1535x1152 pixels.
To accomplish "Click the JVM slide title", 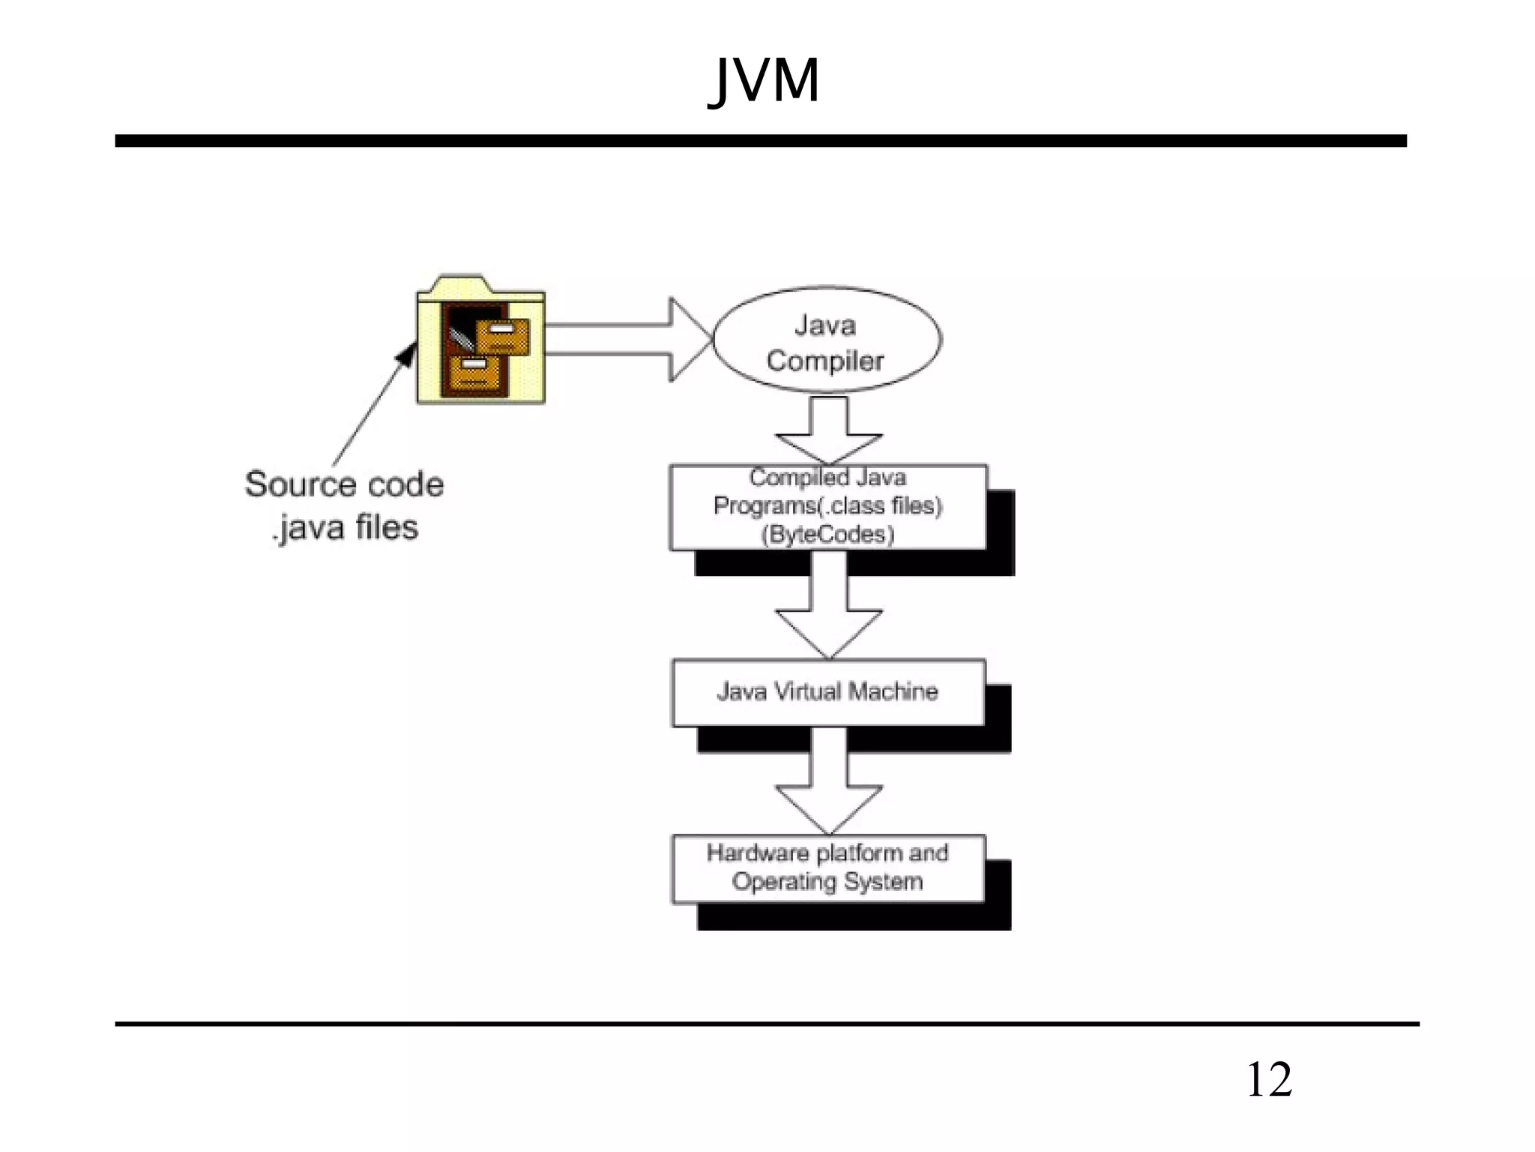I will tap(764, 80).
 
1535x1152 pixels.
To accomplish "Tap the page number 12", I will tap(1269, 1080).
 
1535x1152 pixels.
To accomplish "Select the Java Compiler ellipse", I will tap(827, 340).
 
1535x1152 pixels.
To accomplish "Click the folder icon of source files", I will tap(480, 341).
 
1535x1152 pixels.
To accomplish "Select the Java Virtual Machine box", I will tap(828, 692).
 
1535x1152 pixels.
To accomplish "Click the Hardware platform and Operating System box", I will tap(828, 868).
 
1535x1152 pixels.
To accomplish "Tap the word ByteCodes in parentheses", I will tap(827, 535).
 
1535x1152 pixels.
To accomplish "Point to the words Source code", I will tap(344, 484).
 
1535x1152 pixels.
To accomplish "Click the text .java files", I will tap(344, 527).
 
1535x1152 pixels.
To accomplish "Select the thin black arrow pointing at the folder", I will tap(373, 405).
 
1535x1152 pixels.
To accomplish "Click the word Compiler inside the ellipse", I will tap(825, 361).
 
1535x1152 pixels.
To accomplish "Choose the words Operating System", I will tap(827, 882).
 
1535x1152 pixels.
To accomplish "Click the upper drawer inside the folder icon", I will tap(502, 335).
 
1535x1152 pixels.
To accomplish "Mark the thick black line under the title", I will tap(760, 141).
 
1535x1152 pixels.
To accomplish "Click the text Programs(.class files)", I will tap(827, 506).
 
